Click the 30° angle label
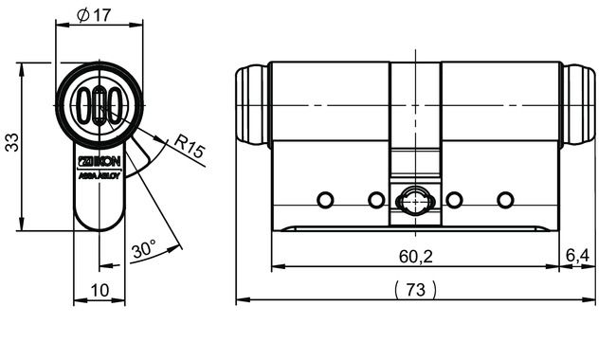point(143,250)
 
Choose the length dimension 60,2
point(414,256)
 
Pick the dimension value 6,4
point(577,256)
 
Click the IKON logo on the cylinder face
point(98,163)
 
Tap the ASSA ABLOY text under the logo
point(98,176)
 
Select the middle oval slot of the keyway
point(99,105)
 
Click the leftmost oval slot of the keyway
point(84,105)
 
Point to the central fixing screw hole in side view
point(414,201)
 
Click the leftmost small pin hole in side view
point(325,199)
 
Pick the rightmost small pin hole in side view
point(504,199)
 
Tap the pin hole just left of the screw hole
point(375,199)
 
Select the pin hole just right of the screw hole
point(454,199)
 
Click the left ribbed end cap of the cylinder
point(251,104)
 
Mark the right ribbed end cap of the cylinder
point(579,104)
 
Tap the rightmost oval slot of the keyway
point(113,105)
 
